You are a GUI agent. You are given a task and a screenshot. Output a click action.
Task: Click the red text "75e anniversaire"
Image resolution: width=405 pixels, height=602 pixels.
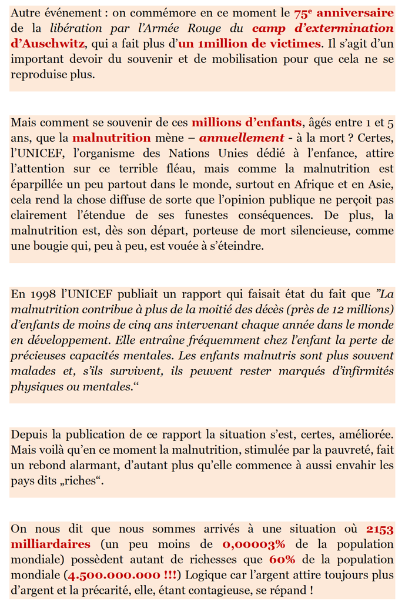pyautogui.click(x=344, y=12)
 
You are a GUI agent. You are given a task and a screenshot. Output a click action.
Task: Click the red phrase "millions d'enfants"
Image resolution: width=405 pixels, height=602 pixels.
pyautogui.click(x=246, y=123)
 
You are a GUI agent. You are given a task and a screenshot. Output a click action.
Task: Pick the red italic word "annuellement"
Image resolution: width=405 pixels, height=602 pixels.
pyautogui.click(x=242, y=139)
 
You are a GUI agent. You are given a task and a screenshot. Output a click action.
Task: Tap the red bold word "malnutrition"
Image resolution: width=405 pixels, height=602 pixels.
pyautogui.click(x=112, y=139)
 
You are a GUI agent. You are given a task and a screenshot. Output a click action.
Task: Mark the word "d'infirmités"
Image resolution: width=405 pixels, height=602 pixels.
pyautogui.click(x=360, y=371)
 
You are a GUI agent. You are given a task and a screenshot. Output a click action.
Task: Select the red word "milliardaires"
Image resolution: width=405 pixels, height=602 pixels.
pyautogui.click(x=51, y=544)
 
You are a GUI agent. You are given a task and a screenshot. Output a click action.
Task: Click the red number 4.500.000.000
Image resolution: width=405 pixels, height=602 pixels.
pyautogui.click(x=114, y=575)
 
